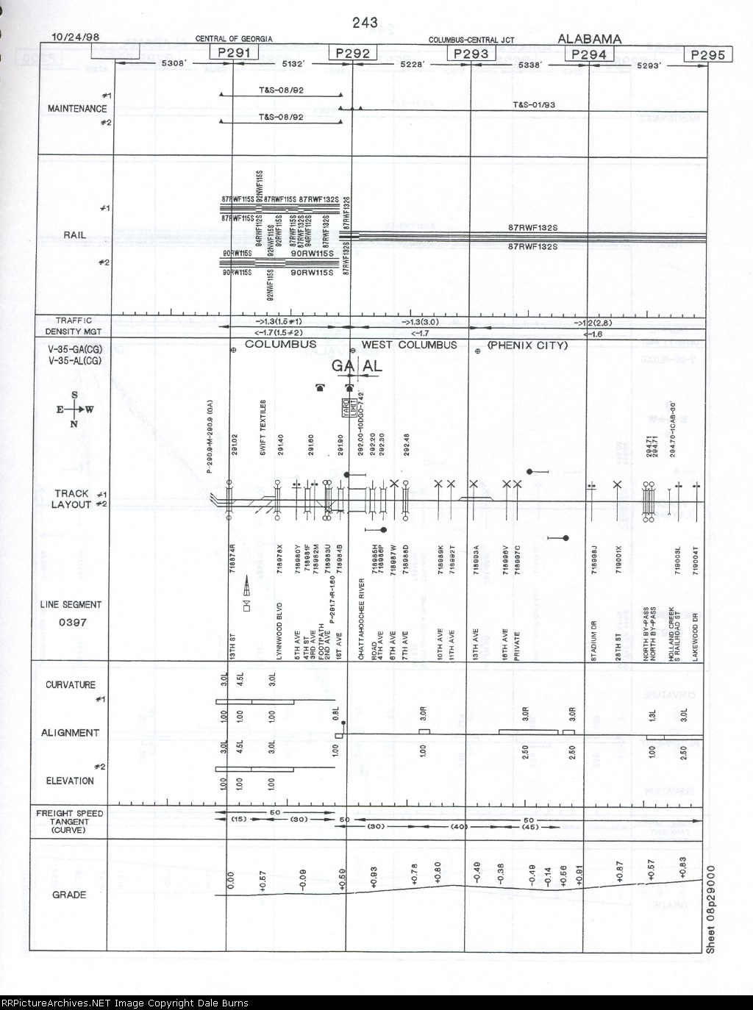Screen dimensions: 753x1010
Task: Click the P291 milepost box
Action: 234,52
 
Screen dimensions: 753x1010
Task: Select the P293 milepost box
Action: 471,53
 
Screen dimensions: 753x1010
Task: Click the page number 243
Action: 365,23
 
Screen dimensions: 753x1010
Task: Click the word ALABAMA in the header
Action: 589,39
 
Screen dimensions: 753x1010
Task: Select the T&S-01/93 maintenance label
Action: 534,105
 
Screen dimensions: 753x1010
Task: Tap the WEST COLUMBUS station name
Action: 410,345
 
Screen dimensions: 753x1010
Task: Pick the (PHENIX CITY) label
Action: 527,345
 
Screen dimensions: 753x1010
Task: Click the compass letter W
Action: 90,409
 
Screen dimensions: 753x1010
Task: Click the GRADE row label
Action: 69,895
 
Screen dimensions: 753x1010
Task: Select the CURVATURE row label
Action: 71,685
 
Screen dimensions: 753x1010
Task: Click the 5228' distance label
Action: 411,65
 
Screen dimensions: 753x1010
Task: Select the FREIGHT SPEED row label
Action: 71,813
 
